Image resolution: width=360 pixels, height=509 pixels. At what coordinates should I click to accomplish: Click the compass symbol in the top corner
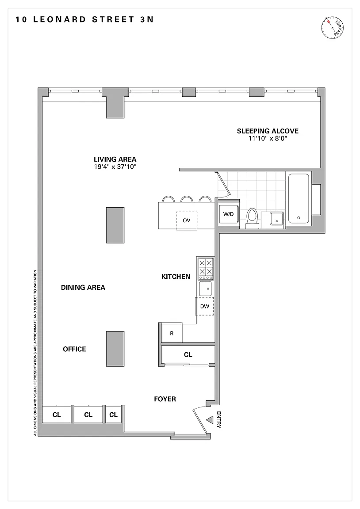(333, 28)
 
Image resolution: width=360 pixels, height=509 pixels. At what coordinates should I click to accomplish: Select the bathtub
(299, 198)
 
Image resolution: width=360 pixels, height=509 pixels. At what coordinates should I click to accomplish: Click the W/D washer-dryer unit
(228, 214)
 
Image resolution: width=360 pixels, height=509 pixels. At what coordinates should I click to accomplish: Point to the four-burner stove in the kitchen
(205, 268)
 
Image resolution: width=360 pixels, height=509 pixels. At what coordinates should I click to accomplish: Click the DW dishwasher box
(204, 306)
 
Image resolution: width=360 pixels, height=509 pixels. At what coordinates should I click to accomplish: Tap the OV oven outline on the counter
(187, 221)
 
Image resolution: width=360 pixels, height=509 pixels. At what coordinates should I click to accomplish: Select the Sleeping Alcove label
(268, 131)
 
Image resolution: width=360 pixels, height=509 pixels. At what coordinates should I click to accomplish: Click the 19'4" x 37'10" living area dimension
(115, 167)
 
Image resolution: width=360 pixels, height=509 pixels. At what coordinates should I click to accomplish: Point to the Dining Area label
(83, 287)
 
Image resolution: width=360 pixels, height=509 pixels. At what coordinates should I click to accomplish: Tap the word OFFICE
(74, 349)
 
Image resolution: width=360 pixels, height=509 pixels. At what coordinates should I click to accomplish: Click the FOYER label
(165, 399)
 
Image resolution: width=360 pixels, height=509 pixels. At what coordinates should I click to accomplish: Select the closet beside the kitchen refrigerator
(188, 355)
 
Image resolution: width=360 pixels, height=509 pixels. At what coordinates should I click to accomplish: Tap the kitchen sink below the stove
(205, 289)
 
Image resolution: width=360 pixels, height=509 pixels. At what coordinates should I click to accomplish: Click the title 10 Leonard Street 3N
(84, 19)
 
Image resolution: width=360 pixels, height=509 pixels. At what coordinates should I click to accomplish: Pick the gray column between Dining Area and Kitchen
(115, 225)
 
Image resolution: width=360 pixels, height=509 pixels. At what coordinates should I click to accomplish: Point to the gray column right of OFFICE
(115, 349)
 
